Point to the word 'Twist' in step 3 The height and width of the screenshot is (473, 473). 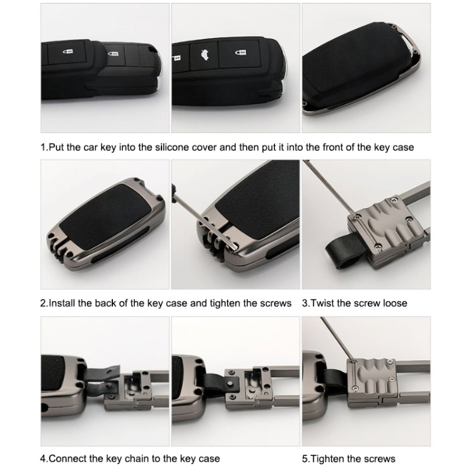[x=324, y=303]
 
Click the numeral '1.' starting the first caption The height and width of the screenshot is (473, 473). [x=44, y=148]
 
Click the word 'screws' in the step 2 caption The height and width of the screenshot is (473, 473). [x=276, y=303]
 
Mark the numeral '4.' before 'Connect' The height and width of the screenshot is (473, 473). [x=45, y=458]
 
